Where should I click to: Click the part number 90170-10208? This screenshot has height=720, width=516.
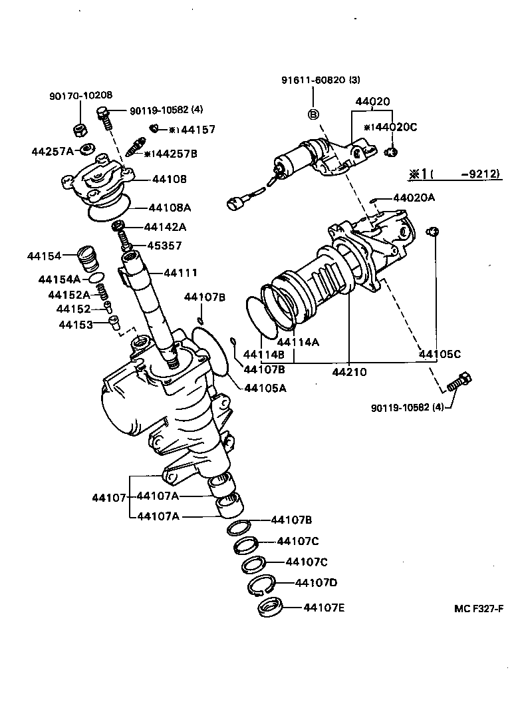[x=80, y=96]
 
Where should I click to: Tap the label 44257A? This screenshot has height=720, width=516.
[x=53, y=151]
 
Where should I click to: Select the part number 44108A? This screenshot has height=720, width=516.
[x=170, y=207]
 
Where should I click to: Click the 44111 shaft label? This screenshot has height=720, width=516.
[x=180, y=273]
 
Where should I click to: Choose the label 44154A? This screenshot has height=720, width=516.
[x=59, y=279]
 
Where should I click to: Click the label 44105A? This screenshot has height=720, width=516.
[x=265, y=388]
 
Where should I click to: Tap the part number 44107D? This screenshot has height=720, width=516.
[x=316, y=583]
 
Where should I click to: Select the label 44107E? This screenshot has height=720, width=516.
[x=324, y=607]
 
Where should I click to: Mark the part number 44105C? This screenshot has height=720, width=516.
[x=440, y=355]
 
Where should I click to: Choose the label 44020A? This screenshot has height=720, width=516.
[x=414, y=198]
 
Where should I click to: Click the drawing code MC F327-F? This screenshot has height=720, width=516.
[x=478, y=608]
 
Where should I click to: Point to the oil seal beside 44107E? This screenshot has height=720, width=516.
[x=270, y=608]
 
